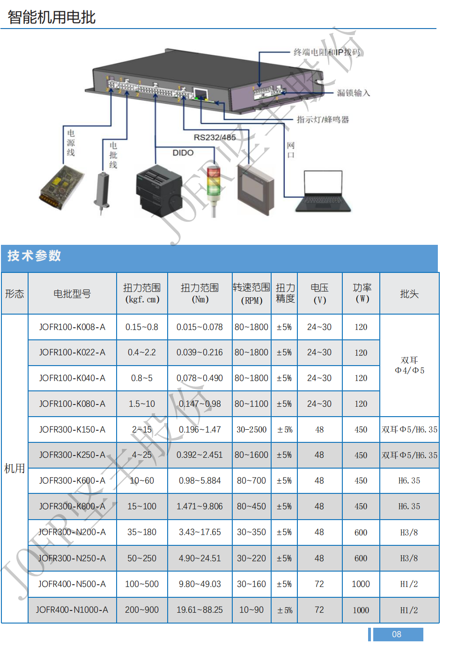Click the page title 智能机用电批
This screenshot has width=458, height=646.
point(52,17)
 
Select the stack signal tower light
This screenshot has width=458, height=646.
point(214,191)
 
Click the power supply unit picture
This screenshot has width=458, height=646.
point(61,187)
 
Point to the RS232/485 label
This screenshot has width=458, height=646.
point(214,137)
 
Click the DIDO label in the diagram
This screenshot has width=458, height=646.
point(183,153)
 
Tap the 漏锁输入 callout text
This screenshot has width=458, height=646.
point(353,93)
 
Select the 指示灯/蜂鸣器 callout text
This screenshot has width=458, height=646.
point(323,119)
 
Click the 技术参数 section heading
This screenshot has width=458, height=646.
point(34,256)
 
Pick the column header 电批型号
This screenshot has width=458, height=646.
point(72,294)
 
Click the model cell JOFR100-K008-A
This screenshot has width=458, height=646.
point(72,327)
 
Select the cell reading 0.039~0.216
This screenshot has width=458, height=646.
point(199,352)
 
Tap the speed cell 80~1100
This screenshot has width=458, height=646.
point(251,404)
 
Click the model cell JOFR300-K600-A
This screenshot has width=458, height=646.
point(72,480)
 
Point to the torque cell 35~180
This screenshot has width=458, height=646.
point(142,532)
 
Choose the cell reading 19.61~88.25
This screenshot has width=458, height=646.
point(199,609)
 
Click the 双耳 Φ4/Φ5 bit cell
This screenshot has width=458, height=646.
point(409,365)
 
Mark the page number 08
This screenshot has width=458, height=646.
point(397,634)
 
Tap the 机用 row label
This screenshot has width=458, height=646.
point(15,468)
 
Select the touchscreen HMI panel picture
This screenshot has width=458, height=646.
point(256,190)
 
